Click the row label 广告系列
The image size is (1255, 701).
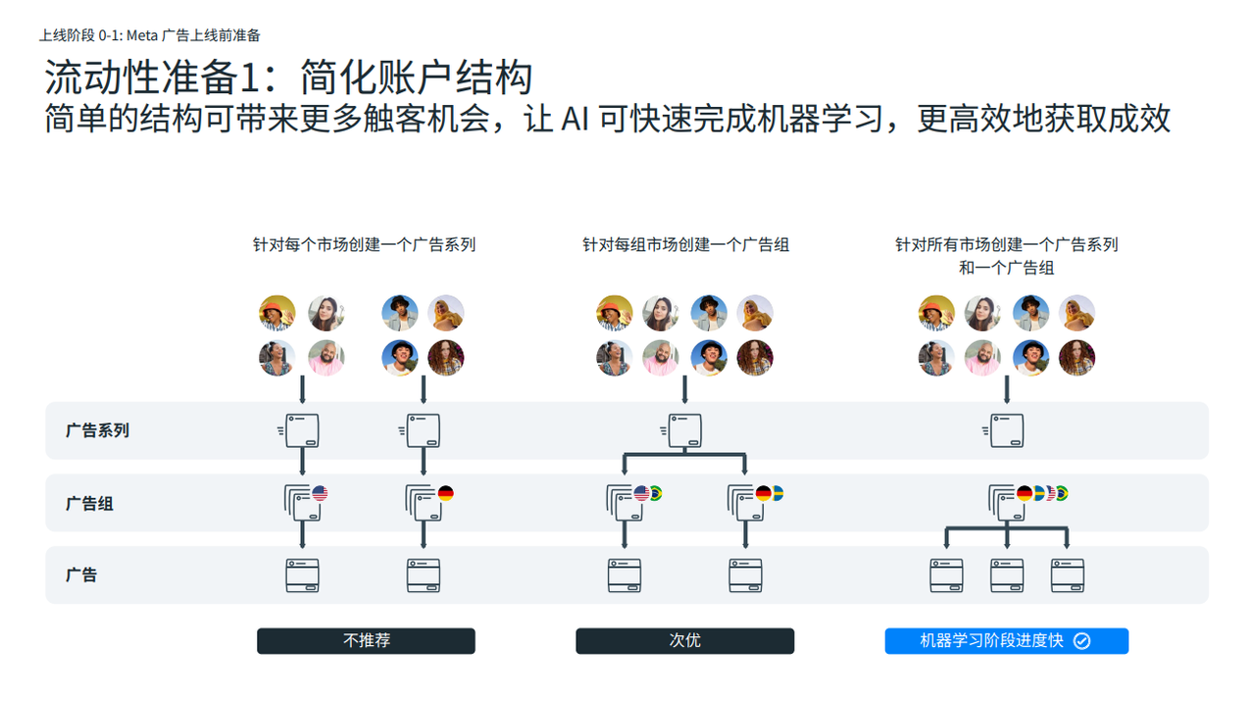[97, 430]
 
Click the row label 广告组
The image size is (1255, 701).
[89, 504]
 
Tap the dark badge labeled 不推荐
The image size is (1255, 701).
[366, 641]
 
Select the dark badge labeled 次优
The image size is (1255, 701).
[684, 641]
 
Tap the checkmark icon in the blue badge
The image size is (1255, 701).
[1081, 641]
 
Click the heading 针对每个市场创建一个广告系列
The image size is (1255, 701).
[364, 245]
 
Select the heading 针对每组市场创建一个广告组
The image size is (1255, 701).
[685, 245]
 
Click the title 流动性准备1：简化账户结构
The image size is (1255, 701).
[288, 77]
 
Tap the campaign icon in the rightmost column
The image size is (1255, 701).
[1006, 430]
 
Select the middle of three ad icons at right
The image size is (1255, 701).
[1007, 576]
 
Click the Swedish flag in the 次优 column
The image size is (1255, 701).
[776, 493]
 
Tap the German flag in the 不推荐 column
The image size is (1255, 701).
[445, 493]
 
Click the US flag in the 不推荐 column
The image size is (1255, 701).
[320, 493]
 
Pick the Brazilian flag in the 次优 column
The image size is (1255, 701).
[654, 493]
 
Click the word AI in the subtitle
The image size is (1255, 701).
[577, 119]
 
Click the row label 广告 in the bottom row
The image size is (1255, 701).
[81, 576]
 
